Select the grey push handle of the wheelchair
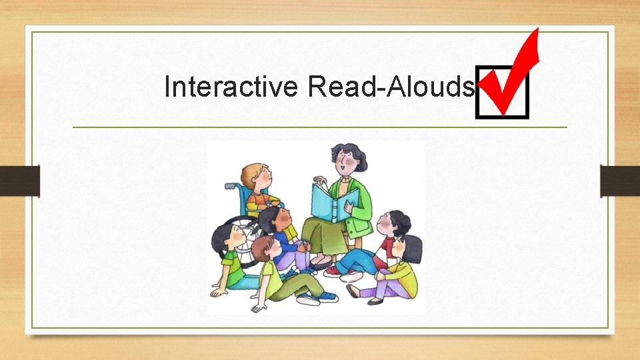pyautogui.click(x=231, y=186)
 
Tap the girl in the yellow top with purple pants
pyautogui.click(x=403, y=267)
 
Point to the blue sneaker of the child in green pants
pyautogui.click(x=326, y=297)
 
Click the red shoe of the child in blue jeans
pyautogui.click(x=332, y=271)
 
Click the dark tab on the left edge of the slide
pyautogui.click(x=20, y=181)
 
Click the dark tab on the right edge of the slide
pyautogui.click(x=619, y=181)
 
